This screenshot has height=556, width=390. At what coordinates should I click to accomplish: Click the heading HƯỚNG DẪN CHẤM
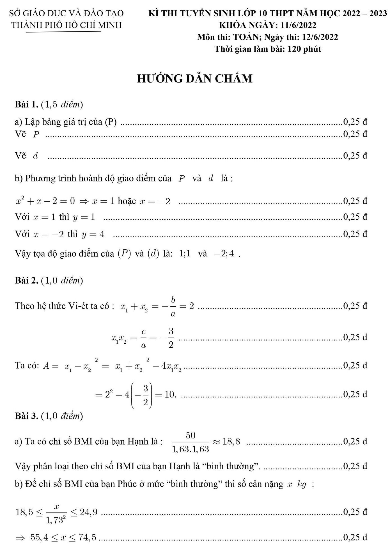click(195, 79)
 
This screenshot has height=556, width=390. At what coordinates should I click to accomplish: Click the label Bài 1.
click(26, 105)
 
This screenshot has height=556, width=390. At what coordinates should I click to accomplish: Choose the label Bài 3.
click(26, 416)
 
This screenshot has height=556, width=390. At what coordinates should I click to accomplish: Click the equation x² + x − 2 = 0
click(45, 201)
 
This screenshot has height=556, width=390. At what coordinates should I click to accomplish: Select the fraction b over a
click(173, 306)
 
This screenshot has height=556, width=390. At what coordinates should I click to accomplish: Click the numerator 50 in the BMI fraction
click(191, 435)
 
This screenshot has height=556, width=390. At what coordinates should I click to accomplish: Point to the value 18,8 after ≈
click(231, 442)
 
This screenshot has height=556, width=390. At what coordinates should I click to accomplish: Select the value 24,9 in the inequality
click(89, 512)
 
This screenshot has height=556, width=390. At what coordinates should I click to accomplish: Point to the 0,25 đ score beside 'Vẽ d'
click(355, 156)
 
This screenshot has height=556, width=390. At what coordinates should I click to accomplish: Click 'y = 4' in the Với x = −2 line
click(93, 234)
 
